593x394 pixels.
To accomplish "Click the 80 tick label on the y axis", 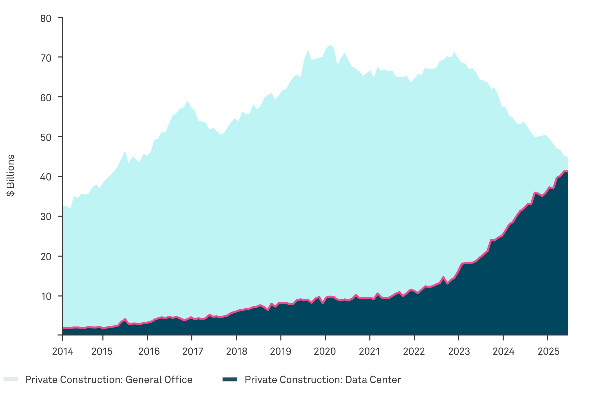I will click(x=46, y=19).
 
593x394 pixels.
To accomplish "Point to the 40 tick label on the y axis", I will click(x=46, y=177).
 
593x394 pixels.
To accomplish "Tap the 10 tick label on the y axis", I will click(x=46, y=296).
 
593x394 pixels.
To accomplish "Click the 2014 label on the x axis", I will click(x=63, y=352).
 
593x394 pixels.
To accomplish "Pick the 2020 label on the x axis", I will click(x=325, y=352).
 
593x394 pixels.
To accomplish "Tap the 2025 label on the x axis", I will click(x=549, y=352).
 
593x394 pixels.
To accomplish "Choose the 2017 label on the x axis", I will click(x=193, y=352).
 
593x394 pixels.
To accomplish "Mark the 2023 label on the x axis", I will click(x=459, y=352).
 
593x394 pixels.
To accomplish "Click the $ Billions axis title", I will click(x=11, y=175).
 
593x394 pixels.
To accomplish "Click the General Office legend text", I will click(x=109, y=380).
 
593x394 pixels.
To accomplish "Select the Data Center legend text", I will click(x=322, y=380).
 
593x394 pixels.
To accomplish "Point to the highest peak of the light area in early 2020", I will click(x=330, y=45).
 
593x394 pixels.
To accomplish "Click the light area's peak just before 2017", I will click(x=188, y=101).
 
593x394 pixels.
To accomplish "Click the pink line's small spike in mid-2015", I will click(x=125, y=319).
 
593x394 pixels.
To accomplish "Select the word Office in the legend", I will click(x=178, y=380).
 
